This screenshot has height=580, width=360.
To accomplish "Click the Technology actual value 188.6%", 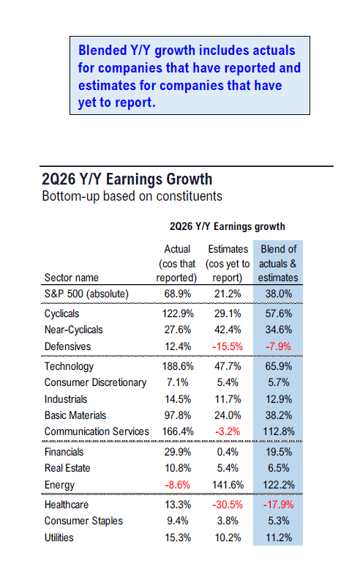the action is coord(178,366).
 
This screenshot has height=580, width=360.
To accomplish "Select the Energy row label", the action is coord(59,485).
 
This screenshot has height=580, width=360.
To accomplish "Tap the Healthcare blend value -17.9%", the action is coord(278,505).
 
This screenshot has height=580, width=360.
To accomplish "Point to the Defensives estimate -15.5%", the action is coord(228,346).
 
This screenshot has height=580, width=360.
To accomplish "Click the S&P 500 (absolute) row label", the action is coord(86,294).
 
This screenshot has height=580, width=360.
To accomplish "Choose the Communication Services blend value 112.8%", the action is coord(279,431).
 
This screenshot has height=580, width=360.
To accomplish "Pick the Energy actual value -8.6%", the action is coord(177,485).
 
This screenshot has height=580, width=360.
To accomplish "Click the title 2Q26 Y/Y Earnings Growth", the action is coord(127,179).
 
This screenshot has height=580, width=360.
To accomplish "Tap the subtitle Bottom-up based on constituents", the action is coord(132,196).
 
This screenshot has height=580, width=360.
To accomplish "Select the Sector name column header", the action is coord(71,278).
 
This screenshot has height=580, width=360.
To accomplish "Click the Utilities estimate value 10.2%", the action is coord(228,538).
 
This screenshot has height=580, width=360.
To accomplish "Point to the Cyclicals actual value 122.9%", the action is coord(178,313).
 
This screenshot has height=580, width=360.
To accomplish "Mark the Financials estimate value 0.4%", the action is coord(228,452).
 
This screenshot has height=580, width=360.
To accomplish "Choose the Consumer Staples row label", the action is coord(83,521).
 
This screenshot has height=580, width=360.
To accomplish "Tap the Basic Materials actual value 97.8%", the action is coord(178,415).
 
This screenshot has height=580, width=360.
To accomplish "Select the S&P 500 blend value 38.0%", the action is coord(279,294).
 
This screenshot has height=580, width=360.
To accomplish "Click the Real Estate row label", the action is coord(67,468).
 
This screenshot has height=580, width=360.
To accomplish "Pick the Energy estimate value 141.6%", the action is coord(228,485).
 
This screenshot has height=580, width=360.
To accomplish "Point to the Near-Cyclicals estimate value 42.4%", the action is coord(228,330).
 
